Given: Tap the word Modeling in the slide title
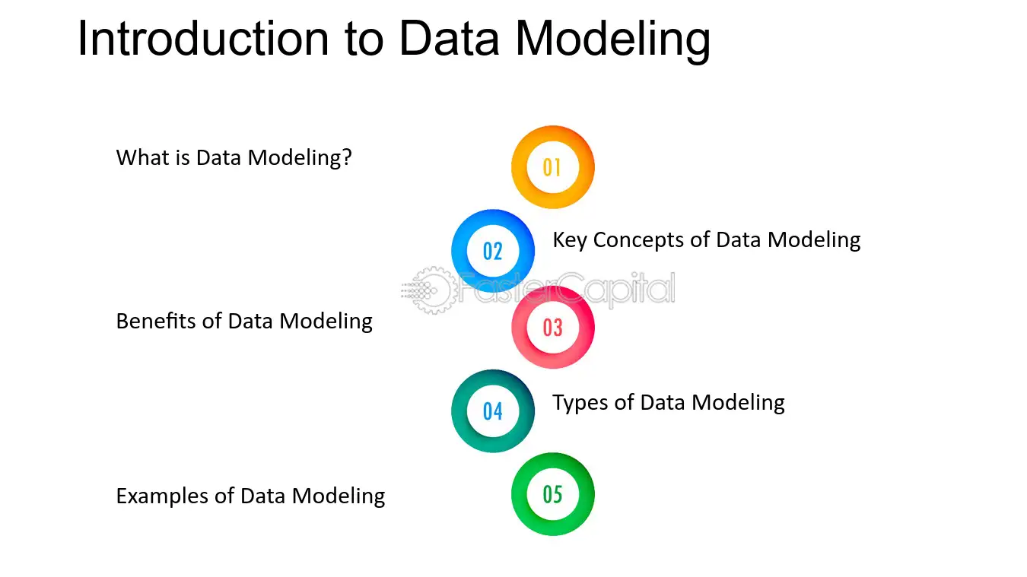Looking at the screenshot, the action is [613, 42].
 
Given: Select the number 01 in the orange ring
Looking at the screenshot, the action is [552, 168].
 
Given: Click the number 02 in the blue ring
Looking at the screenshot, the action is [493, 251].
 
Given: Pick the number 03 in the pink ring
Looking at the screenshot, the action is [552, 328].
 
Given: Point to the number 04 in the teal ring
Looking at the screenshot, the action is [493, 411].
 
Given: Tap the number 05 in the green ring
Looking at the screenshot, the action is [552, 494].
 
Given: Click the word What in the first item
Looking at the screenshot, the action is [143, 157].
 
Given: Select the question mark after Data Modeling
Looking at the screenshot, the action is [347, 157].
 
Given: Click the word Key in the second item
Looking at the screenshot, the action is [570, 240].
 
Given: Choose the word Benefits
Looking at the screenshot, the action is [156, 321].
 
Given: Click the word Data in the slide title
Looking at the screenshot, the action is [450, 39].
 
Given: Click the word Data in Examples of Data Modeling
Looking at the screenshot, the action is [262, 496].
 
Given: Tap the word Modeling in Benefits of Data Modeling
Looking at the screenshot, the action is [326, 322].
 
